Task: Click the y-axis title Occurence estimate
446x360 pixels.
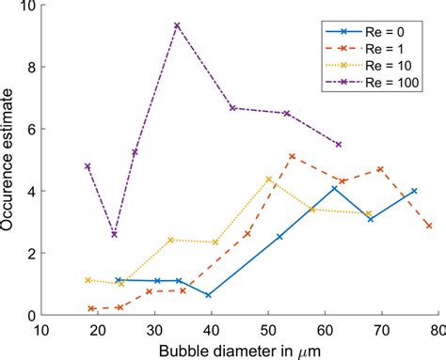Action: (10, 160)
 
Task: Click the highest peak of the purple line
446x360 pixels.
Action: (177, 25)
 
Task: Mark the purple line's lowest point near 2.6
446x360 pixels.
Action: (114, 234)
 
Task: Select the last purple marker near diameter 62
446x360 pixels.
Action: (339, 145)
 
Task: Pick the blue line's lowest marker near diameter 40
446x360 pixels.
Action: (208, 295)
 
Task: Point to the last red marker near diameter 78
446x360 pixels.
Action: (429, 226)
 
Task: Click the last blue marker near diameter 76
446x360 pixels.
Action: (414, 191)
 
